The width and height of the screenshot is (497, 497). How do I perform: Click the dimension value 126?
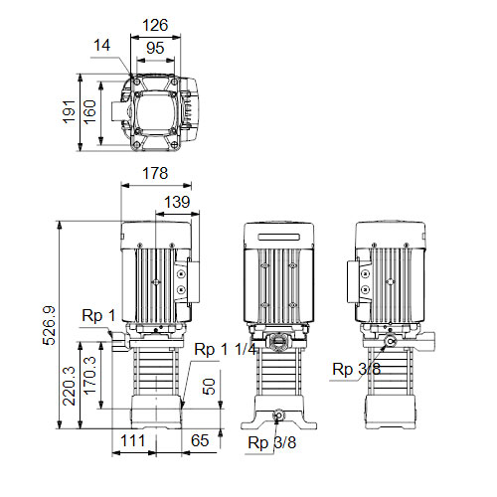[155, 26]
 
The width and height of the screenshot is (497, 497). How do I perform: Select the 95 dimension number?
[155, 48]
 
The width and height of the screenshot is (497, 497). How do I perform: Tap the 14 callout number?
[101, 46]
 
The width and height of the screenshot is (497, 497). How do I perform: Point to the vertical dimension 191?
[70, 111]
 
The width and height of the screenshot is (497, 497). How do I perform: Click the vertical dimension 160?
[89, 112]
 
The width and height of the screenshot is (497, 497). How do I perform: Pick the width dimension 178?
[155, 173]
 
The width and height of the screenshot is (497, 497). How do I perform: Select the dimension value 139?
[177, 202]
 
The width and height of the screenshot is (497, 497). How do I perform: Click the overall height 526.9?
[49, 326]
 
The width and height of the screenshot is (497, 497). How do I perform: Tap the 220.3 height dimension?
[70, 386]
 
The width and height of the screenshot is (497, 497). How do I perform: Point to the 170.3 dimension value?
[89, 376]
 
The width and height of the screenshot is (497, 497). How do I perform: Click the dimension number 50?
[209, 387]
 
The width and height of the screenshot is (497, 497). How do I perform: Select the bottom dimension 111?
[133, 441]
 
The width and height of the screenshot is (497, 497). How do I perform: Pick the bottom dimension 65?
[200, 440]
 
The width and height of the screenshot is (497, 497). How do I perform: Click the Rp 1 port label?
[98, 316]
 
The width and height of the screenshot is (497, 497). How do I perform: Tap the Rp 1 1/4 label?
[226, 350]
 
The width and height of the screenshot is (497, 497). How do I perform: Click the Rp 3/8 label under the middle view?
[272, 442]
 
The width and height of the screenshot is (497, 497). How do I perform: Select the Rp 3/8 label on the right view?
[356, 369]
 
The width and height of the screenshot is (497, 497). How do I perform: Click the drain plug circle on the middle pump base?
[277, 415]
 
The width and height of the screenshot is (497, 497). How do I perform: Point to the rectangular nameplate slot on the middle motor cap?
[279, 238]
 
